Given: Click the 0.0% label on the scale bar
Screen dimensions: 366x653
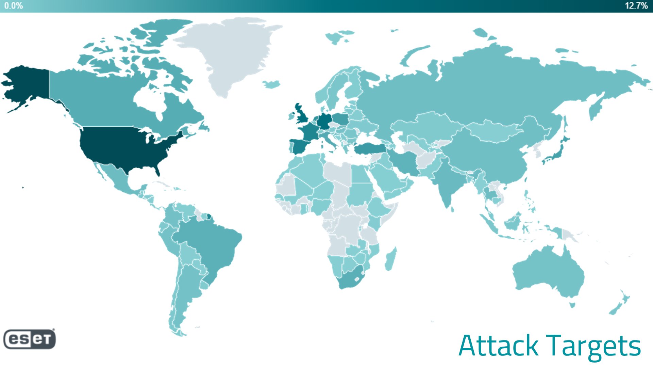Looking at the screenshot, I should (x=14, y=6).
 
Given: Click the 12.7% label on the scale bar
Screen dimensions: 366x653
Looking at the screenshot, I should (x=636, y=6).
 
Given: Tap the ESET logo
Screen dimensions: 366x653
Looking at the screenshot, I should (x=30, y=339).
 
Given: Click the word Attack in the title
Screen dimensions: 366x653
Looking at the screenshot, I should (x=498, y=346).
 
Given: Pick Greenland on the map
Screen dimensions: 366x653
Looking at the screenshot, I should (x=231, y=51).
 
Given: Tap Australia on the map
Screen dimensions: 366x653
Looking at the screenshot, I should (x=548, y=272).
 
